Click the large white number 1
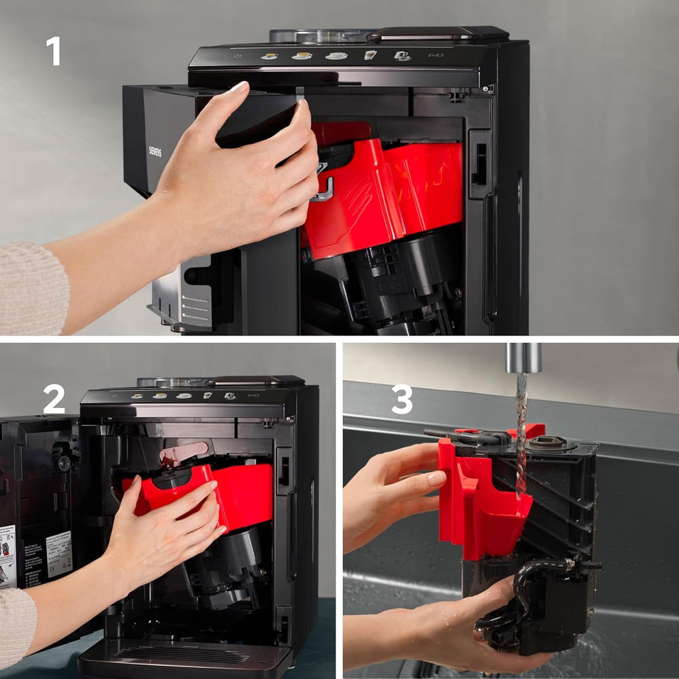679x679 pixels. pyautogui.click(x=53, y=51)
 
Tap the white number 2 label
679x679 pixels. pyautogui.click(x=54, y=399)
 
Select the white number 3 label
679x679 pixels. pyautogui.click(x=401, y=399)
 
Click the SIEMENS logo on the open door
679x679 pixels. pyautogui.click(x=155, y=151)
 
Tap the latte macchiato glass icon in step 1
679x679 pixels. pyautogui.click(x=370, y=55)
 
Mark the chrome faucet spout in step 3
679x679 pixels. pyautogui.click(x=524, y=357)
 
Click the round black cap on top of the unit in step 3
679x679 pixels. pyautogui.click(x=547, y=443)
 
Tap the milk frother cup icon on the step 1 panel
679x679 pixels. pyautogui.click(x=401, y=56)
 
